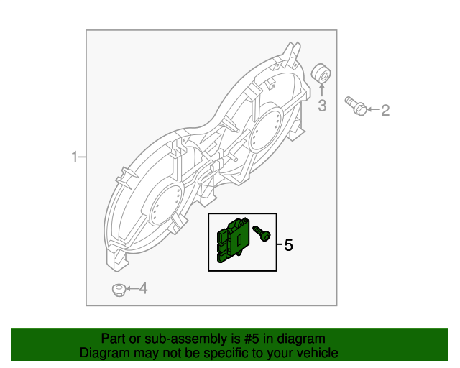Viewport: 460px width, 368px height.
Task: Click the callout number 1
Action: [74, 157]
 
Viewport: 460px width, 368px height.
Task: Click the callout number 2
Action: [385, 110]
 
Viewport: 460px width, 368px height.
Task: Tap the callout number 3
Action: [322, 106]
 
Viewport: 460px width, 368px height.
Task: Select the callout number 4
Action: [142, 289]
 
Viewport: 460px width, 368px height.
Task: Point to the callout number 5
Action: [288, 245]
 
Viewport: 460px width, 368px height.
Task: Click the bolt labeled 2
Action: [355, 106]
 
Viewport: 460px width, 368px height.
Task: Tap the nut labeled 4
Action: [118, 290]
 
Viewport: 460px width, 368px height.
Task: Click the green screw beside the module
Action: [262, 233]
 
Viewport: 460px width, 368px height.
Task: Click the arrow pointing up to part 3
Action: [322, 91]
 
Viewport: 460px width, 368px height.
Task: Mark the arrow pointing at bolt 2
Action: [371, 110]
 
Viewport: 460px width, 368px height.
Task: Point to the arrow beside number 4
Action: [130, 289]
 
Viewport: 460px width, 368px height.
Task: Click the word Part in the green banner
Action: [114, 339]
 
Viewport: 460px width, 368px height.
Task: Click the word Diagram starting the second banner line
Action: [103, 353]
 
